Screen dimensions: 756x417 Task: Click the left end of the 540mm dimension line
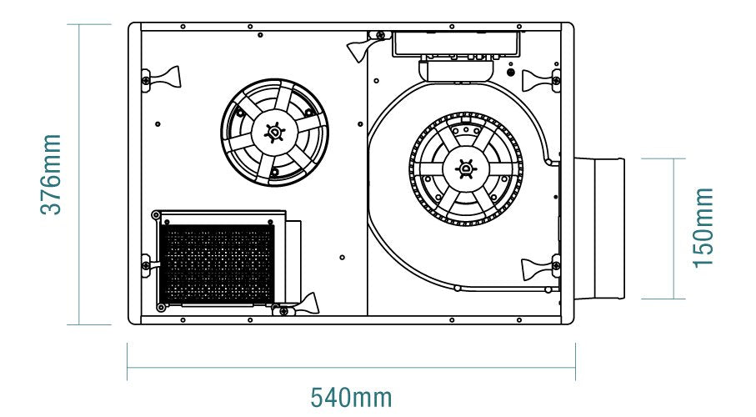pyautogui.click(x=128, y=368)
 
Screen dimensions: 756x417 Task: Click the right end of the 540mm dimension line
pyautogui.click(x=575, y=368)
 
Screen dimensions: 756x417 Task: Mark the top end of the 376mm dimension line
pyautogui.click(x=79, y=24)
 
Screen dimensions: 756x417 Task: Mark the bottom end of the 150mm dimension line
pyautogui.click(x=673, y=299)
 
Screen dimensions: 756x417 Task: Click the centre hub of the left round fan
pyautogui.click(x=274, y=133)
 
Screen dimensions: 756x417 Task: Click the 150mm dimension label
pyautogui.click(x=703, y=228)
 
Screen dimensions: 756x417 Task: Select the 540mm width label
pyautogui.click(x=351, y=398)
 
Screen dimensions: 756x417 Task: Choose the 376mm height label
pyautogui.click(x=51, y=174)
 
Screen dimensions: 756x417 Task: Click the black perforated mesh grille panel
pyautogui.click(x=217, y=264)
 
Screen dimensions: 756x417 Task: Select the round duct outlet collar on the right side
pyautogui.click(x=599, y=229)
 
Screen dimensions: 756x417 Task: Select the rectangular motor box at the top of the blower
pyautogui.click(x=456, y=44)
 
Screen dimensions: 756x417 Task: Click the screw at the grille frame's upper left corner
pyautogui.click(x=156, y=215)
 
